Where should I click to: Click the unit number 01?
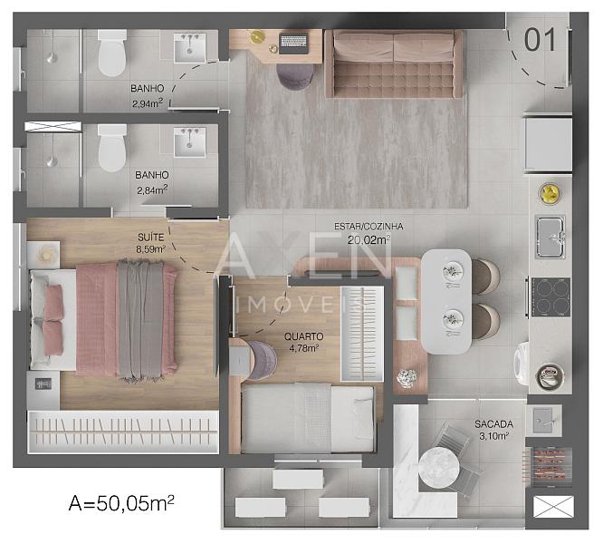point(540,39)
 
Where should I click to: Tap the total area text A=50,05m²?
point(121,503)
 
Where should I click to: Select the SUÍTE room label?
point(150,238)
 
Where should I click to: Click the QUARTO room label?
point(304,336)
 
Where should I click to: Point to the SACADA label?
point(493,424)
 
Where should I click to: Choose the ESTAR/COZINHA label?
point(368,227)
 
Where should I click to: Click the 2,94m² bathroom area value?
point(148,103)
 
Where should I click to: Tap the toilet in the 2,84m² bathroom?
point(112,148)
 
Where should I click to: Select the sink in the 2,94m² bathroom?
point(189,48)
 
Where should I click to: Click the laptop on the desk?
point(294,44)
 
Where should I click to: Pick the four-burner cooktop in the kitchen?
point(550,297)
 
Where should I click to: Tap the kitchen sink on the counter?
point(550,237)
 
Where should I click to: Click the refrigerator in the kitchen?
point(547,144)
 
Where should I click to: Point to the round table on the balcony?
point(439,468)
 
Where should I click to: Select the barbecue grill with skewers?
point(548,467)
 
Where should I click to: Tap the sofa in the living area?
point(394,63)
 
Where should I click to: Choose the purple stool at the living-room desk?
point(295,76)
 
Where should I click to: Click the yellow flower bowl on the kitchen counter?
point(550,193)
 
